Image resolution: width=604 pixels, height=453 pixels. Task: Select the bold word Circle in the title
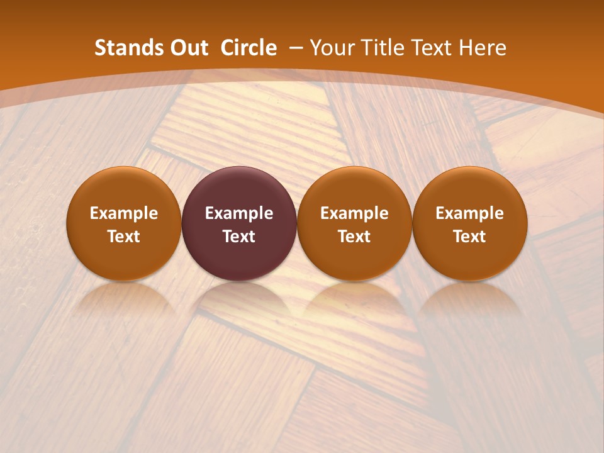[x=249, y=48]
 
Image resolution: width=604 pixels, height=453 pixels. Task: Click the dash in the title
[x=296, y=48]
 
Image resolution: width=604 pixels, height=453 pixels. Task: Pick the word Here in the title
[x=483, y=48]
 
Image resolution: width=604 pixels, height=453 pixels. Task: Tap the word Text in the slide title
[x=433, y=48]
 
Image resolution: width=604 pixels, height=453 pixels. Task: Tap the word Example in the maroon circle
[x=239, y=213]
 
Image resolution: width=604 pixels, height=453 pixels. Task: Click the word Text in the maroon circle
[x=239, y=237]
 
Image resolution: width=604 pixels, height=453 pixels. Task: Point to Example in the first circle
[x=123, y=213]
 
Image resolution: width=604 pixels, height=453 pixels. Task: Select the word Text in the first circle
[x=123, y=237]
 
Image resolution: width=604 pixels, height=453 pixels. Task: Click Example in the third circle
[x=354, y=213]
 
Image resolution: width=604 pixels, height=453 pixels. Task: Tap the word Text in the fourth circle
[x=470, y=237]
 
